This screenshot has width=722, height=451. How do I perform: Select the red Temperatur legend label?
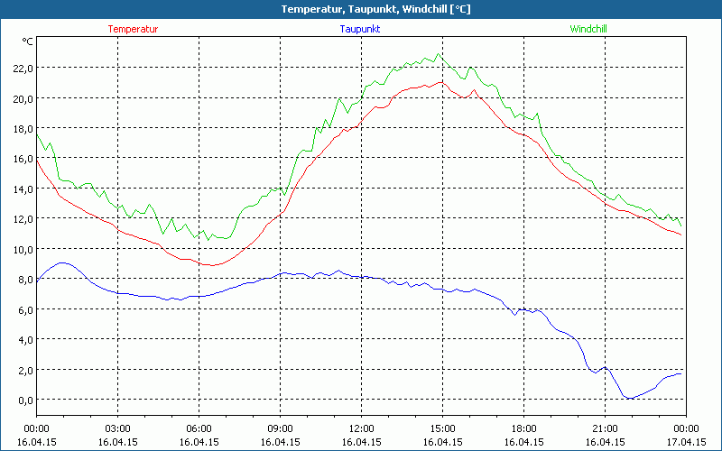click(133, 29)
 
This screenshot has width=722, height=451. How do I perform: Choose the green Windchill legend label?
click(588, 29)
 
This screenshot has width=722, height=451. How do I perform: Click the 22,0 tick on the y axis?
click(21, 69)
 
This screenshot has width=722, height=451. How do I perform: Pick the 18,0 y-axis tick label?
click(21, 129)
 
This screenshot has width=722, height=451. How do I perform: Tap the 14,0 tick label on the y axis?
click(21, 189)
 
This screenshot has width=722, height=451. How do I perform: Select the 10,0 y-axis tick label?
click(21, 249)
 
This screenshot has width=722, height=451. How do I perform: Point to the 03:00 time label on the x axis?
click(117, 428)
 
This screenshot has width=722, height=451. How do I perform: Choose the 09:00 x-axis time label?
click(280, 428)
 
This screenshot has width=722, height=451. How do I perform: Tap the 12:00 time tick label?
click(361, 428)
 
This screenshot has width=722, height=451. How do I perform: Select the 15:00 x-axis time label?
click(442, 428)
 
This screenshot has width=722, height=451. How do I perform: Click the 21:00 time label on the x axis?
click(605, 428)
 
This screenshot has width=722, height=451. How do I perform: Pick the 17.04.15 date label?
click(686, 442)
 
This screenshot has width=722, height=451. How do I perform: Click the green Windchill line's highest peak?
click(439, 53)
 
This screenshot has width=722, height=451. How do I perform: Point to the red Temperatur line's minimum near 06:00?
click(211, 265)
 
